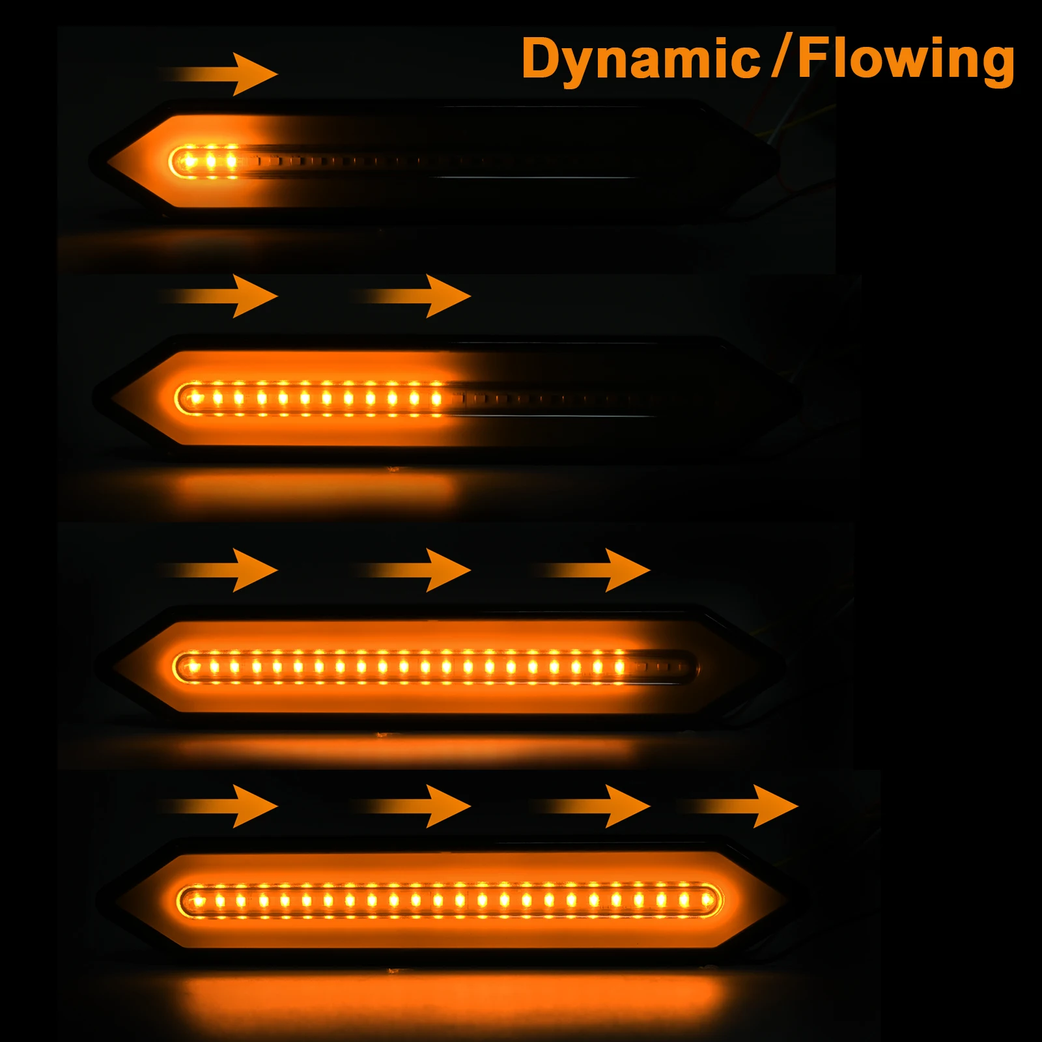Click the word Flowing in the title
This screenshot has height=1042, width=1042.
pyautogui.click(x=906, y=59)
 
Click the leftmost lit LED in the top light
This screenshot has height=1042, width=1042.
pyautogui.click(x=189, y=160)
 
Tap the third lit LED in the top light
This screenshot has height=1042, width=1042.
pyautogui.click(x=232, y=160)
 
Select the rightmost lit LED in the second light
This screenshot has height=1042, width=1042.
pyautogui.click(x=436, y=397)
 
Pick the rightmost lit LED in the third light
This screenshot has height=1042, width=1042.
pyautogui.click(x=619, y=666)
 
